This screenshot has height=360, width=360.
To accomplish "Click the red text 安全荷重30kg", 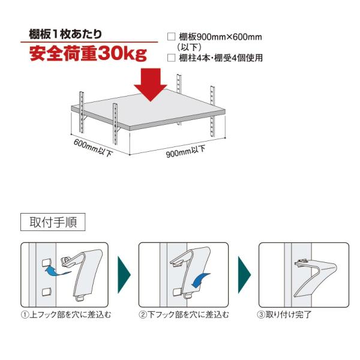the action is pyautogui.click(x=88, y=53).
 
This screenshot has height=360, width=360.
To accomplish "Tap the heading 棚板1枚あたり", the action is pyautogui.click(x=65, y=34).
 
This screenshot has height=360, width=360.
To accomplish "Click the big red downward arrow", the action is pyautogui.click(x=151, y=85).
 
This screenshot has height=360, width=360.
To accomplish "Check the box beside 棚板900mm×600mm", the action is pyautogui.click(x=171, y=37).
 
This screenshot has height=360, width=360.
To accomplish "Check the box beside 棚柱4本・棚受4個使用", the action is pyautogui.click(x=171, y=58).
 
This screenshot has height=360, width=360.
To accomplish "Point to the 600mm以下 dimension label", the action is pyautogui.click(x=93, y=148).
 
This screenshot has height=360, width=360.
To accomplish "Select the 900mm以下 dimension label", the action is pyautogui.click(x=185, y=152).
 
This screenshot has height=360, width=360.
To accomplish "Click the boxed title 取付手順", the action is pyautogui.click(x=53, y=222).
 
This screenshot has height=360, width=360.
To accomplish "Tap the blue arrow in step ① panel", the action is pyautogui.click(x=58, y=271).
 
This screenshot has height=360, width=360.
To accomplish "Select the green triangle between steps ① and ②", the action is pyautogui.click(x=124, y=275).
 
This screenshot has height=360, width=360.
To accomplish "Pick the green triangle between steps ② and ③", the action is pyautogui.click(x=244, y=275).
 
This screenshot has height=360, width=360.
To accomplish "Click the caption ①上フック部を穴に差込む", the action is pyautogui.click(x=66, y=314).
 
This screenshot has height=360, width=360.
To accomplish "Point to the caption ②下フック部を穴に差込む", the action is pyautogui.click(x=184, y=314).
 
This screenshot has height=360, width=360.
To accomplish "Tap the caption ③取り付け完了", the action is pyautogui.click(x=284, y=314).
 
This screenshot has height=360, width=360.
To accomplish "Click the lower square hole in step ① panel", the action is pyautogui.click(x=47, y=292).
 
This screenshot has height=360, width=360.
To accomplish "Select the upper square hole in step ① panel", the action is pyautogui.click(x=47, y=263).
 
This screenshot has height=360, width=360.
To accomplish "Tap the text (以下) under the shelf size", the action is pyautogui.click(x=190, y=47).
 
